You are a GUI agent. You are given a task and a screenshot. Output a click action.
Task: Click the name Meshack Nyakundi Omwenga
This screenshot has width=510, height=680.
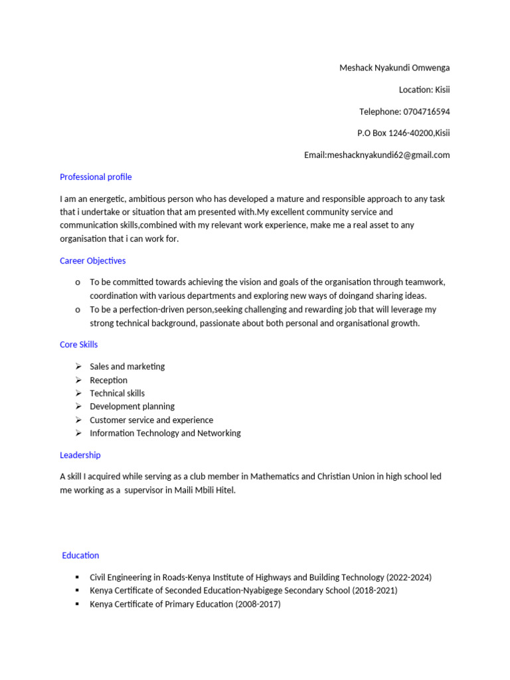coord(394,68)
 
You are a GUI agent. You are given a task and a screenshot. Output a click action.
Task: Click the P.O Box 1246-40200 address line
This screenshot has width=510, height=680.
coord(403,133)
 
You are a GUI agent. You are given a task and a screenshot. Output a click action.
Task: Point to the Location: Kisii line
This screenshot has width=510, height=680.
coord(424,90)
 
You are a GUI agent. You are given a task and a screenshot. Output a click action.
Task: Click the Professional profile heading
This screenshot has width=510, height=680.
coord(96,177)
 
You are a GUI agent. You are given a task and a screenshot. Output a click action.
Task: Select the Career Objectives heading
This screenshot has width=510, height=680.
coord(92,261)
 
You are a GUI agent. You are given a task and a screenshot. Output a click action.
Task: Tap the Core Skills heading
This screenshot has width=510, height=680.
coord(78,345)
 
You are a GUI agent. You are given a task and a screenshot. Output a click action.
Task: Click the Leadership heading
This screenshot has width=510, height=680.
coord(80,455)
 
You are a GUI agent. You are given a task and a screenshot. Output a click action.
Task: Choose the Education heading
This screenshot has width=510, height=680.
coord(80,555)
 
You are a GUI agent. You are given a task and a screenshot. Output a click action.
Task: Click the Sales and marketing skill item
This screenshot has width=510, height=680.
coord(127,367)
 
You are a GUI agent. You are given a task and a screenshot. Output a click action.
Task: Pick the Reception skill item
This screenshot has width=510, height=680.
coord(108,380)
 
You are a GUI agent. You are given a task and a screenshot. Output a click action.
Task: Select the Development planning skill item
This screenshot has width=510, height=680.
coord(132,406)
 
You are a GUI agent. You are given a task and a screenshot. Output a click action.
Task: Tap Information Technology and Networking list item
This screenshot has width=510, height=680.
coord(165,433)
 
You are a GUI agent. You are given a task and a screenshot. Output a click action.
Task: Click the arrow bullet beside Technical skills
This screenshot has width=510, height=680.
coord(78,393)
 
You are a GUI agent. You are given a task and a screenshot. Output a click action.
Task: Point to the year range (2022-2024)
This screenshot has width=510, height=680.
coord(409,577)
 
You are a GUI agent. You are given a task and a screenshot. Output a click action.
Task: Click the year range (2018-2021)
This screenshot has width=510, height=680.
coord(375,590)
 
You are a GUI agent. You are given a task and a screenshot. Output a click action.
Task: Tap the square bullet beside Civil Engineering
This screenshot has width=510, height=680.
coord(78,577)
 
